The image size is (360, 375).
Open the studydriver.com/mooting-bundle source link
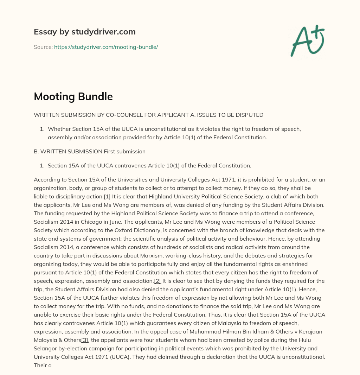pos(106,47)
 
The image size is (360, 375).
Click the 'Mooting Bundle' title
pos(73,96)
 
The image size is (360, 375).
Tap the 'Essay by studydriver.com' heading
pos(84,32)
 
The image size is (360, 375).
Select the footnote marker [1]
pos(107,196)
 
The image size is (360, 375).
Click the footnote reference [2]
pos(157,281)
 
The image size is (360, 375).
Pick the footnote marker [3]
pos(85,340)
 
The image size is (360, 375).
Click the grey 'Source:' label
pos(43,47)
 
